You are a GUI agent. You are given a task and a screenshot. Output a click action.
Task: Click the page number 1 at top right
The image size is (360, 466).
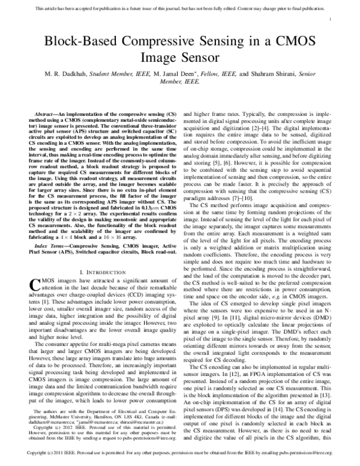[x=331, y=20]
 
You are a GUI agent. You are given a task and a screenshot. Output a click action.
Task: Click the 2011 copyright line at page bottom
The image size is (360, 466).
[x=180, y=459]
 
